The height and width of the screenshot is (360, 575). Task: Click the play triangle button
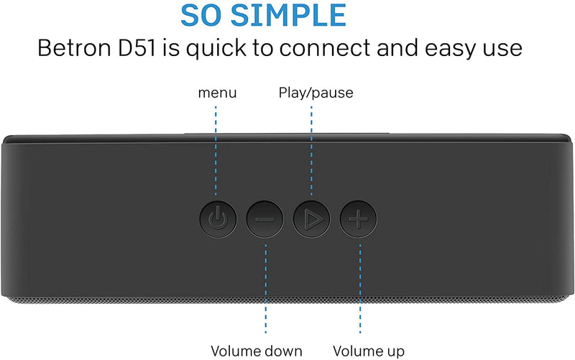pyautogui.click(x=310, y=217)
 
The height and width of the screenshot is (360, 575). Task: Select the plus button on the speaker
pyautogui.click(x=357, y=217)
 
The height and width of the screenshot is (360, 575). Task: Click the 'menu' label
pyautogui.click(x=217, y=93)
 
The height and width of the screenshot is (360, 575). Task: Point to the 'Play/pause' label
pyautogui.click(x=316, y=93)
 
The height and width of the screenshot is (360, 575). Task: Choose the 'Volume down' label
pyautogui.click(x=257, y=351)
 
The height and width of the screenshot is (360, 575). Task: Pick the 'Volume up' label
pyautogui.click(x=369, y=351)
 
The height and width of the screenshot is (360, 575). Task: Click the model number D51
pyautogui.click(x=144, y=49)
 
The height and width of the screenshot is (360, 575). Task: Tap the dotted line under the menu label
pyautogui.click(x=216, y=151)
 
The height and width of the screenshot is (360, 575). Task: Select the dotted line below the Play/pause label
pyautogui.click(x=311, y=147)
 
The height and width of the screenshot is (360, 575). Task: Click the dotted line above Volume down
pyautogui.click(x=265, y=287)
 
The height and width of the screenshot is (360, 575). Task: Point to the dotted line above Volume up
pyautogui.click(x=359, y=287)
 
